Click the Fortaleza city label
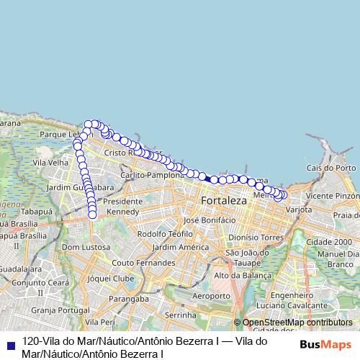tap(224, 200)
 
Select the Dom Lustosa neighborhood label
tap(86, 247)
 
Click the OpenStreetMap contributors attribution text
tap(297, 323)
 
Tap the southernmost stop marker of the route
tap(93, 214)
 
